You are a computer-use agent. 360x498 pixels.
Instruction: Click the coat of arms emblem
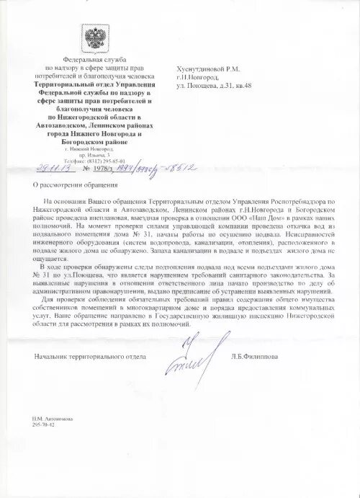(94, 38)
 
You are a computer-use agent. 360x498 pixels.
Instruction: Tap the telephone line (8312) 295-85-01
(94, 161)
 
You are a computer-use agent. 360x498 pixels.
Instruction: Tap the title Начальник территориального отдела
(90, 356)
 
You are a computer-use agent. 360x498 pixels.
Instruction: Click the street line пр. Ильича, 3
(94, 154)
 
